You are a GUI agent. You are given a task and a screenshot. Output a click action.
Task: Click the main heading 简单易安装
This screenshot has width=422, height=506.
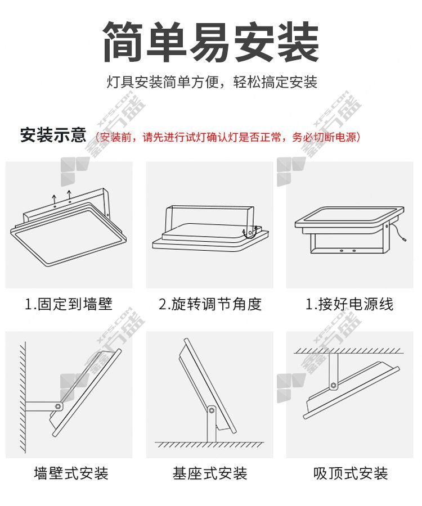211,42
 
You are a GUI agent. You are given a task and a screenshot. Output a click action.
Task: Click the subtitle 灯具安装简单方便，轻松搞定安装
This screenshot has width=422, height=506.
212,82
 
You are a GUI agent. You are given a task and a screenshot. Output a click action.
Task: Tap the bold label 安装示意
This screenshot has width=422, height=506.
53,135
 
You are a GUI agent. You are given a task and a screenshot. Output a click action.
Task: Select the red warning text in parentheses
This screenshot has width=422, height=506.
228,137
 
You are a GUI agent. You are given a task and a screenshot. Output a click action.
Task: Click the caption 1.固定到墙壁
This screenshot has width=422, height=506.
69,304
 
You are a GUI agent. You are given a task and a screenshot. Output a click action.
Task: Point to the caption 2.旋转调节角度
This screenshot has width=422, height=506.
210,304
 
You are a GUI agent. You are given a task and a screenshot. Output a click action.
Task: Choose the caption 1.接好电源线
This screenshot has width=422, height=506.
349,304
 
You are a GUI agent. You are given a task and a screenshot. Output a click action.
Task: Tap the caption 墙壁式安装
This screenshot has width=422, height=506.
71,473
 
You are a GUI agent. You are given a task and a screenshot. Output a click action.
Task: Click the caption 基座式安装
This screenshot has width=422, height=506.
210,473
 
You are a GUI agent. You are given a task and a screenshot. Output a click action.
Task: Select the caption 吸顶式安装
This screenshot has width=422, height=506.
351,473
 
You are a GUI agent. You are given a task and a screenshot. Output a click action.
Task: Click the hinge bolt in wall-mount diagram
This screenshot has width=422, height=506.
58,406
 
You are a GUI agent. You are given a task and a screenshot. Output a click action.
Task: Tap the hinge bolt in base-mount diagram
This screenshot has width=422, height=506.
212,410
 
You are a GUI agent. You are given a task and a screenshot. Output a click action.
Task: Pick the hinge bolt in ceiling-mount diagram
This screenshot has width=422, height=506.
333,385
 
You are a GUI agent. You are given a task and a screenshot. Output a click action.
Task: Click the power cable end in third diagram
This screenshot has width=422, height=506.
405,239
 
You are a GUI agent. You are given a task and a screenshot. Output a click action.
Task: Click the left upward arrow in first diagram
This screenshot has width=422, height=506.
55,199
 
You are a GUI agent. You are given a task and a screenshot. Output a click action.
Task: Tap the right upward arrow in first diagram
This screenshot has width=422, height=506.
69,195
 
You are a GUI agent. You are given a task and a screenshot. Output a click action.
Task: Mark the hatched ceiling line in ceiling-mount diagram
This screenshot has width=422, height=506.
349,351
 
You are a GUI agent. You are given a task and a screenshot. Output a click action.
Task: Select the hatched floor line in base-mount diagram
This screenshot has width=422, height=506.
209,444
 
